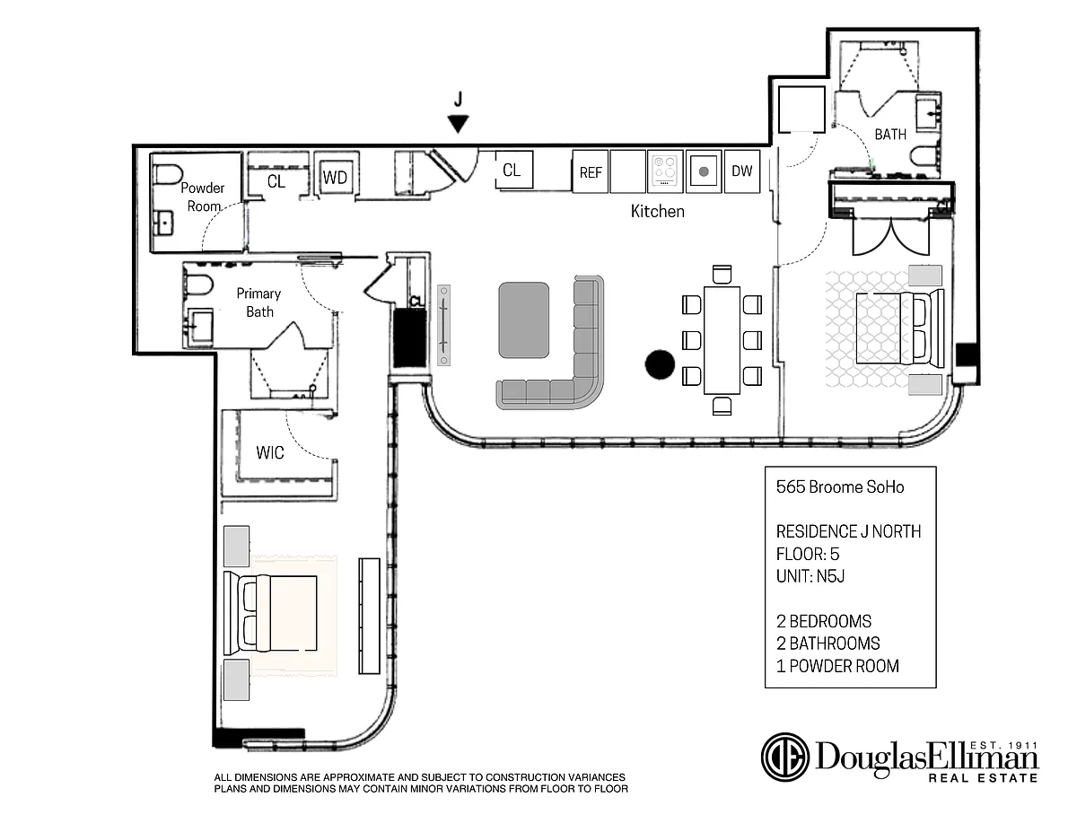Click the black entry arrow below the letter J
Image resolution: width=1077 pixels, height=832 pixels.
point(458,124)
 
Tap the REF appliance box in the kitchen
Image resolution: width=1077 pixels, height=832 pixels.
point(591,171)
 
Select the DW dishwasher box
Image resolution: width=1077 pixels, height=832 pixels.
point(742,171)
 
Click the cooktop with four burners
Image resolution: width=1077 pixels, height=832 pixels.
point(665,171)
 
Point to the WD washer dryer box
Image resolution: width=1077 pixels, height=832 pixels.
point(335,177)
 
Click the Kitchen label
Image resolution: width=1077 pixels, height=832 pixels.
point(657,212)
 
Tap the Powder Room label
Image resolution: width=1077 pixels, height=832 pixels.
point(203,197)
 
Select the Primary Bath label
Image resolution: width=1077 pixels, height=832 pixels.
point(258,302)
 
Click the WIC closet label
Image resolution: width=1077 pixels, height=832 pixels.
point(270,452)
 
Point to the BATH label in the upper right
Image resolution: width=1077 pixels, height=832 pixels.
point(890,135)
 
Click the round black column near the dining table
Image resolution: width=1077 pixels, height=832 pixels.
point(660,364)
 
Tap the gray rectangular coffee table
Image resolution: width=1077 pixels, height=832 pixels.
point(524,320)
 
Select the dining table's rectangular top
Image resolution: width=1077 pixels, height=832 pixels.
point(722,340)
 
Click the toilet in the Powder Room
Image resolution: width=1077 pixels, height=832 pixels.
point(167,174)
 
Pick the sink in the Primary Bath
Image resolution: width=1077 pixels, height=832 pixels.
point(200,326)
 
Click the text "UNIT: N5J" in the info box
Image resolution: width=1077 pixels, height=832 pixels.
point(810,576)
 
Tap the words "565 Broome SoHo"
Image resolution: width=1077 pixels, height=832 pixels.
point(840,487)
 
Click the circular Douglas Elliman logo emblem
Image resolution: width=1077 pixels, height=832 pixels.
point(785,757)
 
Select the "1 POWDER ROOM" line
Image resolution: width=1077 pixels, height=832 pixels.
point(837,666)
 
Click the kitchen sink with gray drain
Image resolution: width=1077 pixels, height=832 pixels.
point(704,171)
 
